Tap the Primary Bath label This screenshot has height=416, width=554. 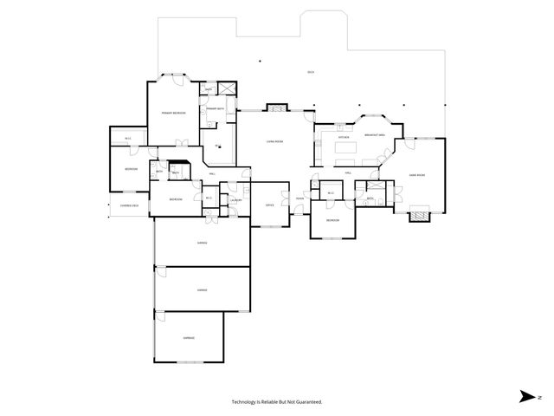[x=216, y=108]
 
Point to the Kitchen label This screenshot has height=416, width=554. [x=343, y=136]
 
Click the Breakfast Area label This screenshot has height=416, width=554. [x=375, y=134]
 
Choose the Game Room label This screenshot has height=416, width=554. [x=417, y=175]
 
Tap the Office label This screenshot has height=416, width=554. [x=269, y=205]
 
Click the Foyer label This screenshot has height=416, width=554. [x=300, y=199]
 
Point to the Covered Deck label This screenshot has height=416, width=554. [x=130, y=205]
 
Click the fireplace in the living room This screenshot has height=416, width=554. [x=275, y=108]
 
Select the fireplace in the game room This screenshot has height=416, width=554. [x=420, y=213]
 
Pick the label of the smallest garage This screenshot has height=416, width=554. [x=189, y=337]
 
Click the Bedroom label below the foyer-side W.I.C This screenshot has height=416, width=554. [x=332, y=220]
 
